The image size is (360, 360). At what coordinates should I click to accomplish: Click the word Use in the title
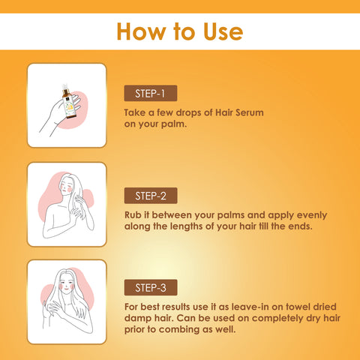(x=223, y=31)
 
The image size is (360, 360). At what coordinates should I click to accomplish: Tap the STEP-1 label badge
(x=151, y=93)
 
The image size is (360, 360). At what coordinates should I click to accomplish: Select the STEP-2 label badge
(x=151, y=196)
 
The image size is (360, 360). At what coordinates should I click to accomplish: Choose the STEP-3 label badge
(x=151, y=287)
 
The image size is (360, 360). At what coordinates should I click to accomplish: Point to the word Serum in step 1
(x=250, y=112)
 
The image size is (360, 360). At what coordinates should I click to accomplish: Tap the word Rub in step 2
(x=133, y=215)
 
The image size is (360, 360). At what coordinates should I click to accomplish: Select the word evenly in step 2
(x=312, y=215)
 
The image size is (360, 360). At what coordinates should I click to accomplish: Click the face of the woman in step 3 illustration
(x=66, y=285)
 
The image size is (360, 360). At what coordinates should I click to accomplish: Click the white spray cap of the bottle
(x=65, y=87)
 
